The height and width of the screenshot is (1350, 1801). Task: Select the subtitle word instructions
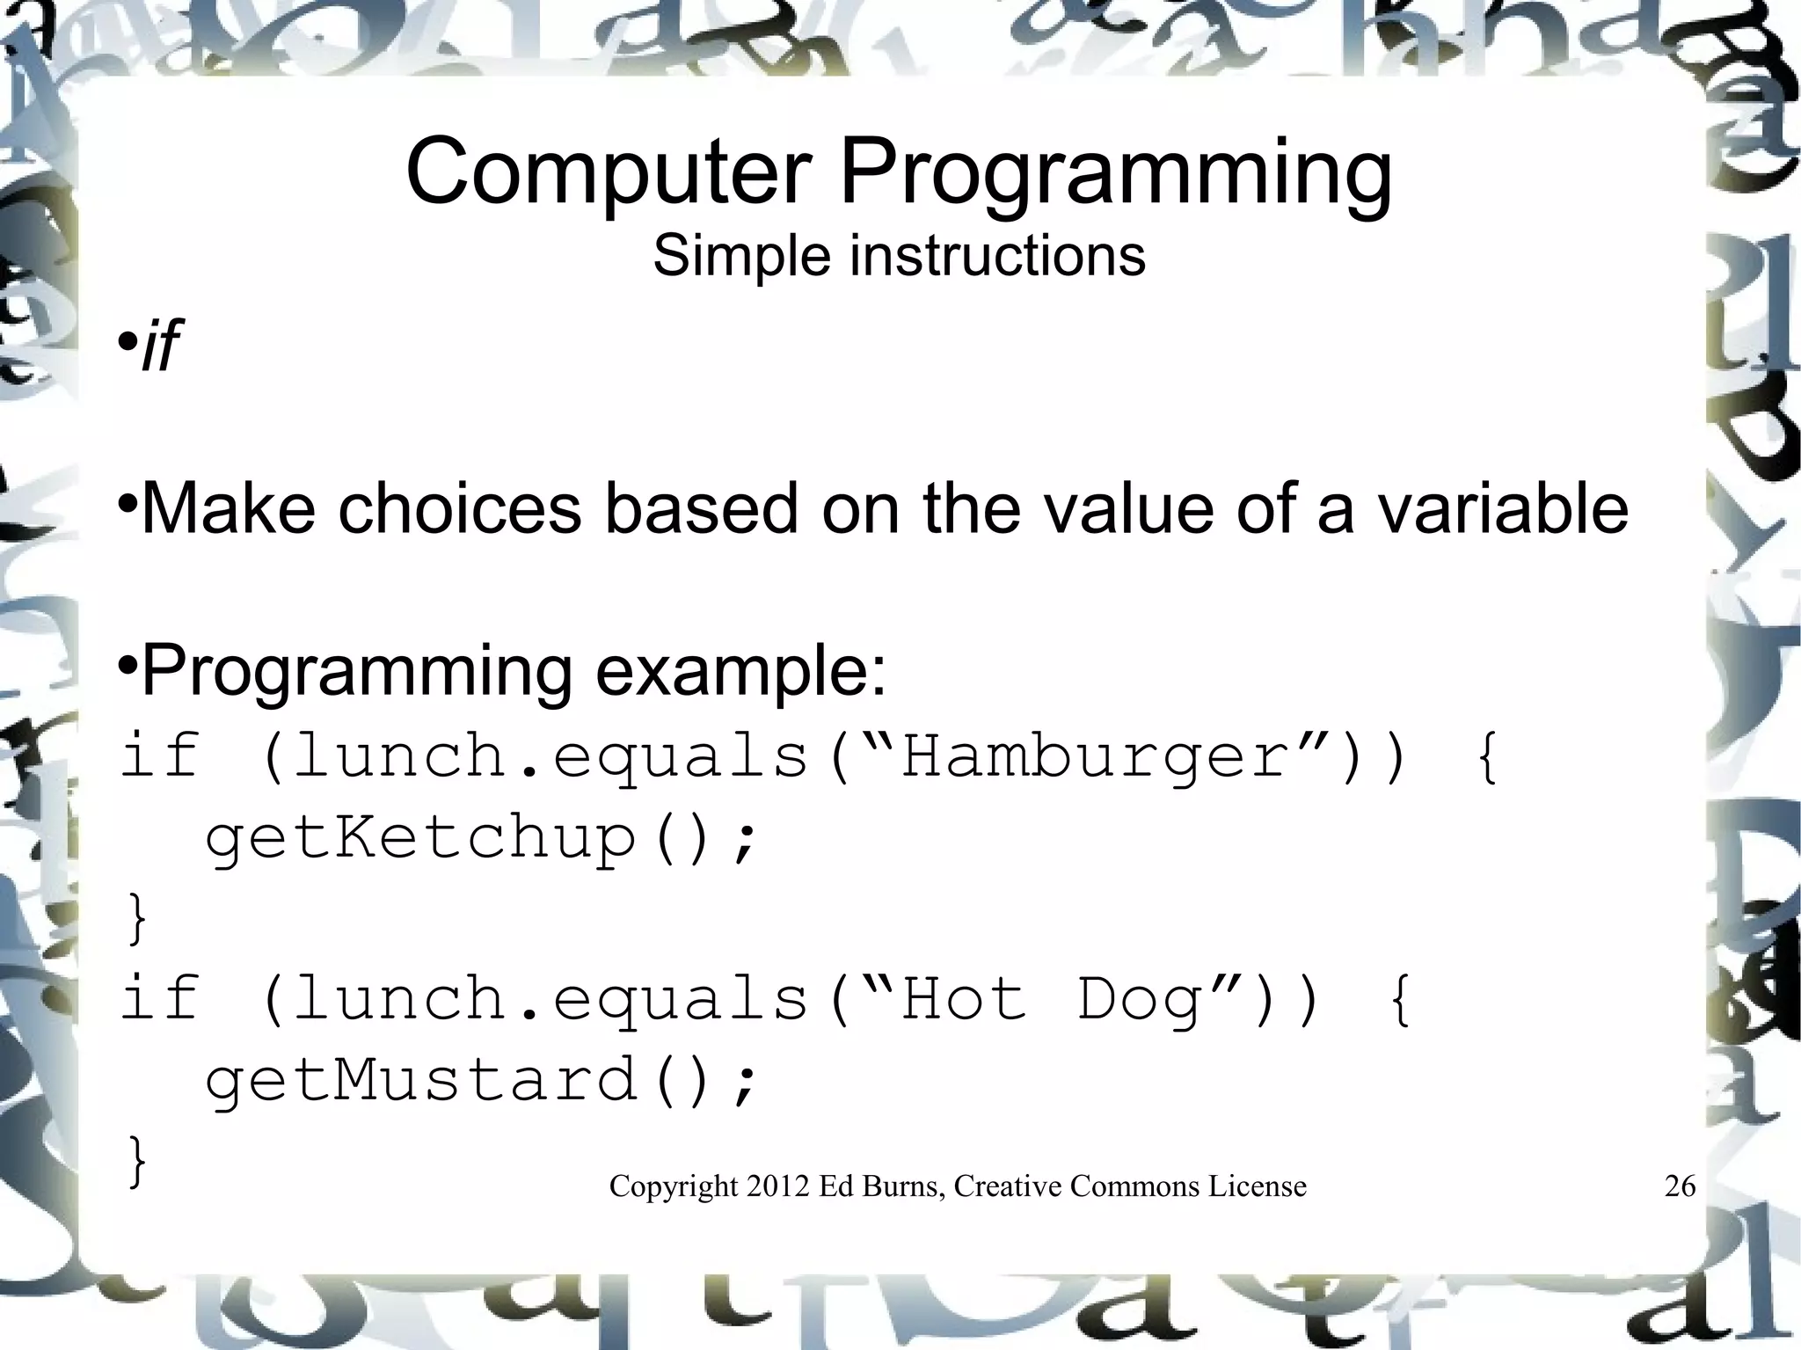pyautogui.click(x=997, y=256)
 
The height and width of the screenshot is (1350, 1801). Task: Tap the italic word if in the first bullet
pyautogui.click(x=160, y=347)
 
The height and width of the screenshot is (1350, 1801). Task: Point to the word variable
pyautogui.click(x=1502, y=507)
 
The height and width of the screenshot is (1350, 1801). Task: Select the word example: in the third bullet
pyautogui.click(x=741, y=671)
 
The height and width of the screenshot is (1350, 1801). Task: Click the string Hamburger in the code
pyautogui.click(x=1095, y=757)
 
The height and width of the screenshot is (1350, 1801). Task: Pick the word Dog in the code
pyautogui.click(x=1139, y=1000)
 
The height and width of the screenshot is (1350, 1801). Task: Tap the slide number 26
pyautogui.click(x=1680, y=1186)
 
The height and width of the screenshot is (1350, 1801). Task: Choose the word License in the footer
pyautogui.click(x=1257, y=1186)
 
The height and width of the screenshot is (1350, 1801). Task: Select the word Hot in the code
pyautogui.click(x=965, y=1000)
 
